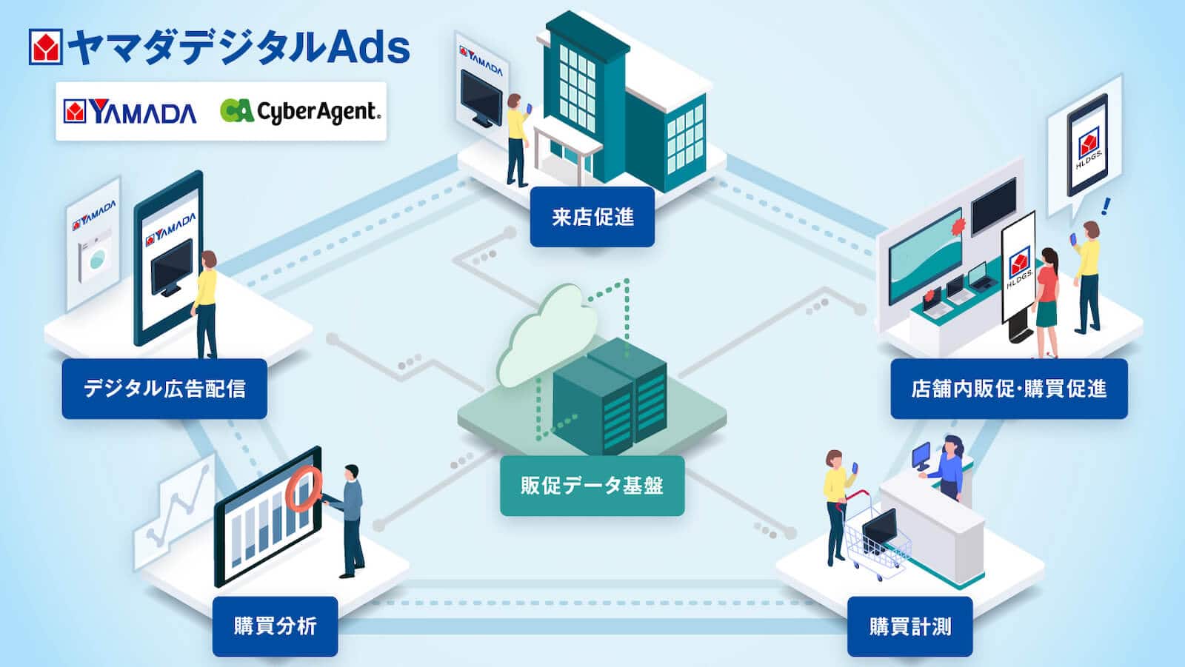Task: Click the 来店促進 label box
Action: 592,216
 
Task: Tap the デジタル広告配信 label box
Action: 164,389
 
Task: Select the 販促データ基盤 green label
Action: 592,486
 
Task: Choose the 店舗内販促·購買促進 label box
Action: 1008,389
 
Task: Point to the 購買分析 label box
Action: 275,626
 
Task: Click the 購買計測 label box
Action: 909,626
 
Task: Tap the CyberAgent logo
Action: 300,111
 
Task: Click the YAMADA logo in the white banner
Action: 130,112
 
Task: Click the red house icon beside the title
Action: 45,47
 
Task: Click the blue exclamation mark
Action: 1106,206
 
